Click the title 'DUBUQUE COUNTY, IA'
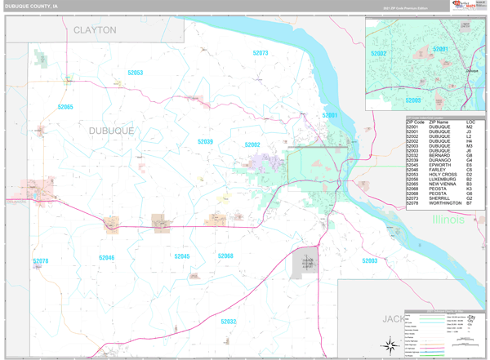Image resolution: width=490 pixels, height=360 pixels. click(x=31, y=5)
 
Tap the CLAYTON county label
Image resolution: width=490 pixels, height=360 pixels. click(x=95, y=30)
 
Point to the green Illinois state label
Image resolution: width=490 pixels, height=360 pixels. click(x=448, y=220)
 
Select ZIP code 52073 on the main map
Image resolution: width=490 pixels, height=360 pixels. click(x=261, y=53)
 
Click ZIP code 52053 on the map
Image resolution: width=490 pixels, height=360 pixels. click(x=136, y=73)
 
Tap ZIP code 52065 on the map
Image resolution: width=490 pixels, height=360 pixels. click(x=65, y=107)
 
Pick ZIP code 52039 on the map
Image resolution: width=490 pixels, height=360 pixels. click(x=205, y=141)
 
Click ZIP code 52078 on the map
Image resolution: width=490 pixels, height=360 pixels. click(x=41, y=261)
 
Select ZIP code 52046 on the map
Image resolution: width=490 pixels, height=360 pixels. click(x=107, y=257)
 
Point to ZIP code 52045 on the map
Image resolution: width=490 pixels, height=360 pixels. click(x=181, y=256)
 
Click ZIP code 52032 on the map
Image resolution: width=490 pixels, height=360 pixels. click(x=228, y=322)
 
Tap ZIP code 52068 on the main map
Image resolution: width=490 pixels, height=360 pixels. click(x=225, y=256)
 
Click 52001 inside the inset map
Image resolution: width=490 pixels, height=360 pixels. click(x=441, y=49)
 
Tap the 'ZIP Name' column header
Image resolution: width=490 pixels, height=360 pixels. click(x=438, y=122)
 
